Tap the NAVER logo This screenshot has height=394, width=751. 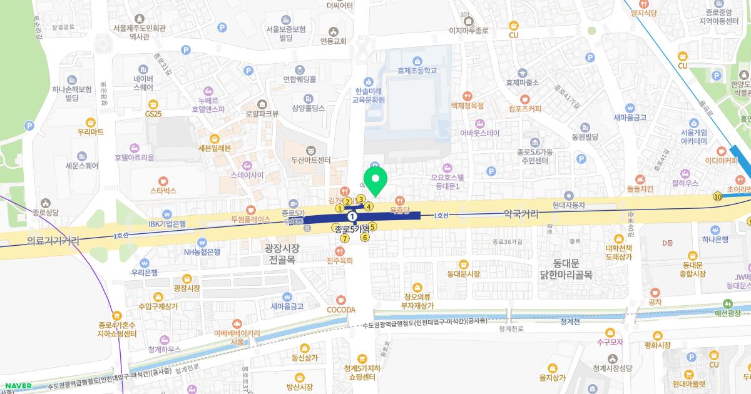pos(18,385)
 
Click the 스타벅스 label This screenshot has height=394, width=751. pos(163,190)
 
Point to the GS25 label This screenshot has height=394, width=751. pos(153,114)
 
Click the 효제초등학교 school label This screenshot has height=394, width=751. pos(417,71)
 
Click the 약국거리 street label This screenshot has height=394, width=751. pos(521,214)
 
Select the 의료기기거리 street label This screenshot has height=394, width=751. pos(53,240)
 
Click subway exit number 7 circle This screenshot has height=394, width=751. pos(345,238)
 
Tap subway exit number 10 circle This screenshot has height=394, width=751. pos(717,197)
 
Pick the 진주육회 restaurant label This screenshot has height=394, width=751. pos(340,260)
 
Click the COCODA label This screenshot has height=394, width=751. pos(341,309)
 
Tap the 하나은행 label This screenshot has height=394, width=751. pos(697,240)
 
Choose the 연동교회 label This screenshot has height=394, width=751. pos(333,41)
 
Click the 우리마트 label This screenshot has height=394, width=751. pos(91,132)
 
